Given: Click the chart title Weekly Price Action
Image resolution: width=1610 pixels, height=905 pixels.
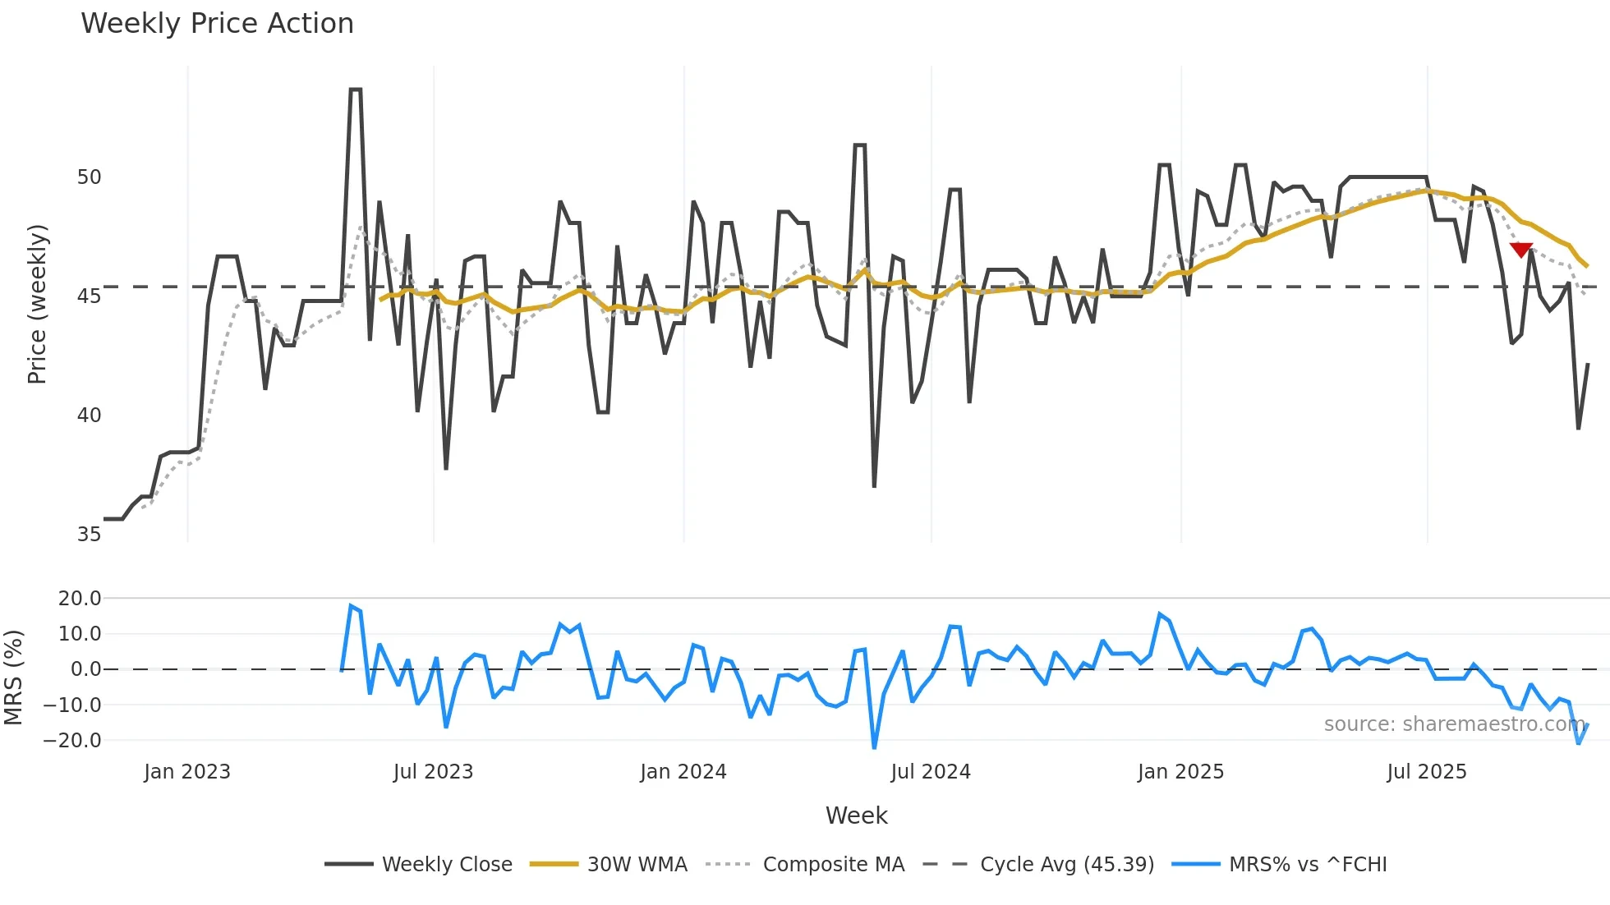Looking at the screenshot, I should (217, 24).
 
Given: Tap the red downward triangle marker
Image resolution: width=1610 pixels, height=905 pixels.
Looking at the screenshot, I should (1521, 250).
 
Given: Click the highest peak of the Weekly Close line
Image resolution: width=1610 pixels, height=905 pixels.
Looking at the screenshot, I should (355, 90).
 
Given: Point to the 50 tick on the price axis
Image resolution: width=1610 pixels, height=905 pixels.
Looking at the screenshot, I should (89, 177).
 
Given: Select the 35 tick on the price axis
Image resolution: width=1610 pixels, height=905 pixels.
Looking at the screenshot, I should (89, 535).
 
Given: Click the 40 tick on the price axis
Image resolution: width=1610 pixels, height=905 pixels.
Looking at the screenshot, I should (89, 416).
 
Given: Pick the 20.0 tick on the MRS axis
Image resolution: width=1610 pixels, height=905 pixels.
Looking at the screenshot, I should (80, 599).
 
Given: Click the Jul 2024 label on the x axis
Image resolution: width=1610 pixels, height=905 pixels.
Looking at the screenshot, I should (931, 772).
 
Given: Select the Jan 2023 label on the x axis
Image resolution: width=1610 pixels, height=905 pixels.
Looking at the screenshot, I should (187, 772).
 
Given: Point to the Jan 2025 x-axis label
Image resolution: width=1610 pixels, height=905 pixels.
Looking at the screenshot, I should (1180, 772).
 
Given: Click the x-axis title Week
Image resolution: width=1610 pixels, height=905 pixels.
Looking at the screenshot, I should (856, 815).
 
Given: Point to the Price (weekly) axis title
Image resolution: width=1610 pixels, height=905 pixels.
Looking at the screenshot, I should (37, 304).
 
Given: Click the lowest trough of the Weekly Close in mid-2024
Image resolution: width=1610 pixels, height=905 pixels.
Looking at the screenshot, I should (874, 486).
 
